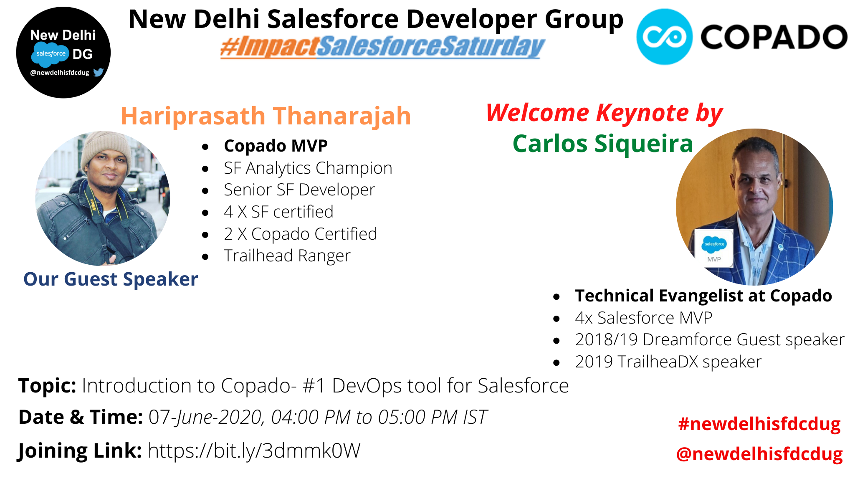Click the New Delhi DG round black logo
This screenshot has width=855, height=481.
click(63, 53)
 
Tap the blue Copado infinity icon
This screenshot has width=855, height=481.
click(664, 37)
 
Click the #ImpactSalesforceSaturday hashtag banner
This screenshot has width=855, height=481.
click(382, 47)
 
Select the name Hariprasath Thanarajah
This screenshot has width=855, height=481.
click(266, 116)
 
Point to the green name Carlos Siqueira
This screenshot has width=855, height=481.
click(603, 144)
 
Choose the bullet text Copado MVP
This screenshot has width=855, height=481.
click(276, 146)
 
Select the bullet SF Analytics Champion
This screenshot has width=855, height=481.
click(308, 168)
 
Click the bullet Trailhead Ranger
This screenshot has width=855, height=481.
click(287, 256)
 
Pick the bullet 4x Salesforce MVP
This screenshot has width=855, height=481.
click(644, 318)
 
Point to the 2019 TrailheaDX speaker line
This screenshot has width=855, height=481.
click(668, 362)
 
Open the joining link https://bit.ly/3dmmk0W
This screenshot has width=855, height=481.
click(254, 451)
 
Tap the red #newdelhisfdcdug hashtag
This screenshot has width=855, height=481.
click(759, 424)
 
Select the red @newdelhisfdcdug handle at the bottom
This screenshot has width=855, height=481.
click(759, 454)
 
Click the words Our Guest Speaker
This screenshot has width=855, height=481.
click(111, 279)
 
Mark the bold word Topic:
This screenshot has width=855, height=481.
click(47, 386)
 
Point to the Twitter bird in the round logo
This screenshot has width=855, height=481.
click(98, 72)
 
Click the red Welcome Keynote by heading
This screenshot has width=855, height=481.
click(605, 113)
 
